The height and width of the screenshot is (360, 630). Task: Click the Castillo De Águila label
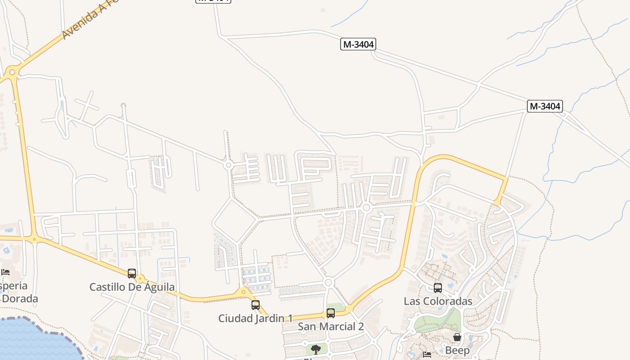132,287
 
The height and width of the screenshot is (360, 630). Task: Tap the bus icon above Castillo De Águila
132,273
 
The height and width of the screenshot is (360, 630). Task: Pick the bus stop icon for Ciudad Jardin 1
256,305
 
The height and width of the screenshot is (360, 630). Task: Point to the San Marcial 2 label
331,326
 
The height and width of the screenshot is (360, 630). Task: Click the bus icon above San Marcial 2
331,313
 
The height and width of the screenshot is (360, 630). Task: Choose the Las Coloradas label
438,301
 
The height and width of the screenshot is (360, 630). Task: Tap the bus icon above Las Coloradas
438,288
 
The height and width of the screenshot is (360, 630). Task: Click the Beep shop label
457,350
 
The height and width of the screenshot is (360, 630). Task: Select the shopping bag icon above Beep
457,337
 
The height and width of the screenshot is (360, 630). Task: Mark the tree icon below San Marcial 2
316,349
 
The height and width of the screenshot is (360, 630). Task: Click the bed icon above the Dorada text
5,272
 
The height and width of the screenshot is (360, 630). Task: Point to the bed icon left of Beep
427,355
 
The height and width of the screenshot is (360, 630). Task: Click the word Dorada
20,298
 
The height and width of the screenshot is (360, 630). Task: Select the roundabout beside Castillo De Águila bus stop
140,279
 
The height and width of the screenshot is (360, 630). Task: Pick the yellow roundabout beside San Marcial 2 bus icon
349,309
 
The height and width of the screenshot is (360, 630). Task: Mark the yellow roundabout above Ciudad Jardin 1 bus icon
244,292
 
